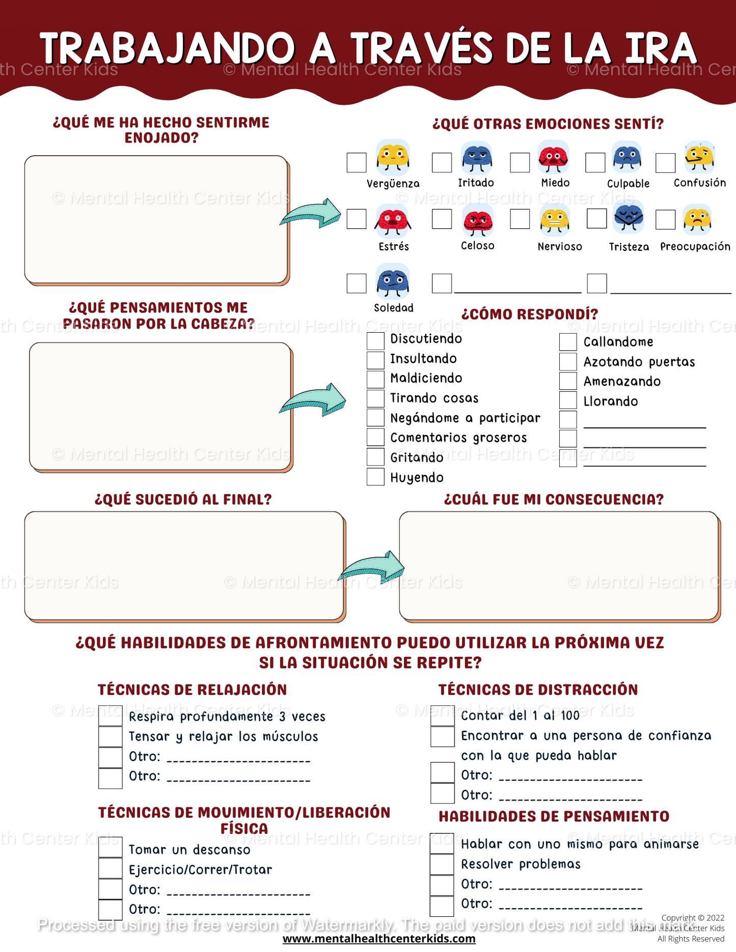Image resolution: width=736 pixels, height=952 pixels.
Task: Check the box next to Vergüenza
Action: (357, 163)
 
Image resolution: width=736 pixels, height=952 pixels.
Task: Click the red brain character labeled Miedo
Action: (554, 157)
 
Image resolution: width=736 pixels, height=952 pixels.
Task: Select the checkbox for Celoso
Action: (442, 219)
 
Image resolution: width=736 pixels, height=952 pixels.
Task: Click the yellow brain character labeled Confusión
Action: (700, 157)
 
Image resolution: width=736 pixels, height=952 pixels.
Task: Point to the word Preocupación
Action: (695, 247)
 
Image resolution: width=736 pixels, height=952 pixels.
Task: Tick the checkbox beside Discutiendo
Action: (375, 340)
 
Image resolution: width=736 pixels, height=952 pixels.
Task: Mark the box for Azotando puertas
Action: (568, 362)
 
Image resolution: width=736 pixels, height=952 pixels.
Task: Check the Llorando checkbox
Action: (568, 400)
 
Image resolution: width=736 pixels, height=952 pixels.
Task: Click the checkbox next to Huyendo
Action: (375, 477)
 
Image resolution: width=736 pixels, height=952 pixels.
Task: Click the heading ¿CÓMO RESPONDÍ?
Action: (530, 314)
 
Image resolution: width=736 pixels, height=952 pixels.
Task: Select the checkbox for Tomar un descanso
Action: (110, 848)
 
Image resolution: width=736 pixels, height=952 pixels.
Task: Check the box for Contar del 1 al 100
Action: (442, 715)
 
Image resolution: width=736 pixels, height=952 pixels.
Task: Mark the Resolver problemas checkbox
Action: (442, 864)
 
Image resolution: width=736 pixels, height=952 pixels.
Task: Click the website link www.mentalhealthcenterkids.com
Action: (379, 939)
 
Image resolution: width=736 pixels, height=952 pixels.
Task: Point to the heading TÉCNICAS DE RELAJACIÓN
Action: (193, 690)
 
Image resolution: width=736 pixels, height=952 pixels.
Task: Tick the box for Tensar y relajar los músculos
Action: (110, 736)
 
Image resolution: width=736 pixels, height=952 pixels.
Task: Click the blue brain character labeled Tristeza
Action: (629, 217)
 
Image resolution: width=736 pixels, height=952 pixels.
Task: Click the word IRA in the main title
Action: (661, 48)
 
